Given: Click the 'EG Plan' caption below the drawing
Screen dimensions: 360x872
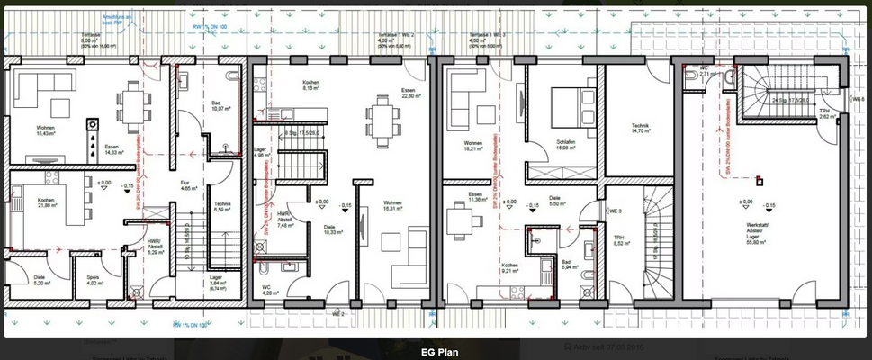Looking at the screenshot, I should (x=439, y=352).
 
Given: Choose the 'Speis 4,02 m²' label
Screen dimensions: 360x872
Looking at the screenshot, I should (x=94, y=281).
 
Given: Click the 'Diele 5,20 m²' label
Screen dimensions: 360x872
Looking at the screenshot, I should (x=40, y=280).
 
